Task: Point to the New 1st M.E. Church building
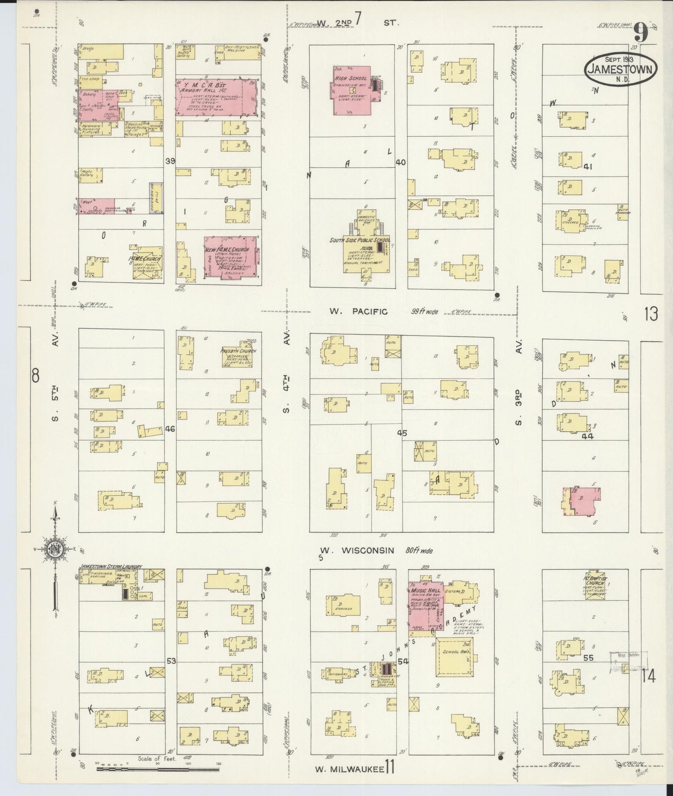(230, 257)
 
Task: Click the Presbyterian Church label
(238, 351)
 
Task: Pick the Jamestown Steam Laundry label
(110, 566)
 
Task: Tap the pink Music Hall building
(425, 605)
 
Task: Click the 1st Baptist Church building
(595, 586)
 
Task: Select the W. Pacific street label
(358, 311)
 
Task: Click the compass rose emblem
(56, 550)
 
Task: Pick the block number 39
(170, 161)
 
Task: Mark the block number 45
(402, 433)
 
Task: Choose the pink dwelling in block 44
(583, 501)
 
